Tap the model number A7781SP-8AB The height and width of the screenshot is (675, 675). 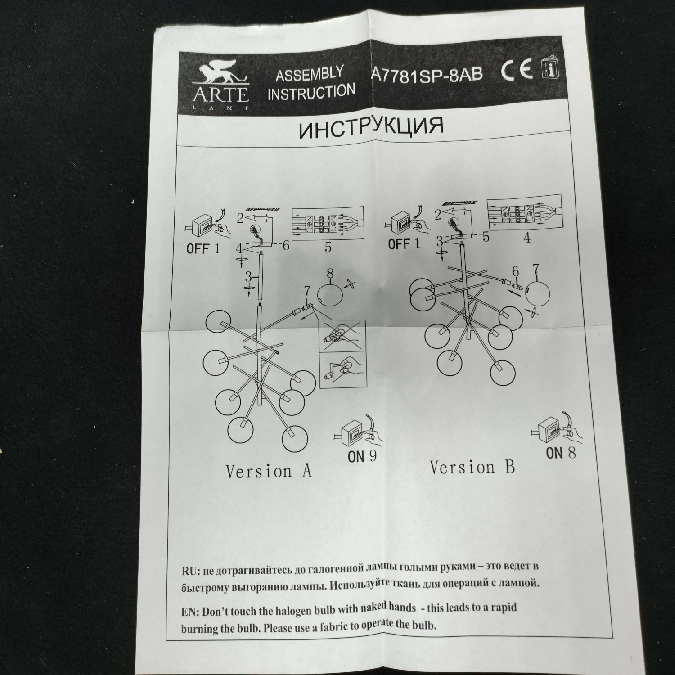tap(426, 74)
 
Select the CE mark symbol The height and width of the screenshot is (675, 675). tap(516, 70)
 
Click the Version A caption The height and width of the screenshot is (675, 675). tap(268, 471)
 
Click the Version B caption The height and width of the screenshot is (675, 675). tap(472, 467)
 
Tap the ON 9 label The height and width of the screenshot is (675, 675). tap(361, 457)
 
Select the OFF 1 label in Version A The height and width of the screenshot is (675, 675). tap(203, 248)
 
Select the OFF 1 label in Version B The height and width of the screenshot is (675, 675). tap(404, 244)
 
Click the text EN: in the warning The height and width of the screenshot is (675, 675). tap(191, 612)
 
